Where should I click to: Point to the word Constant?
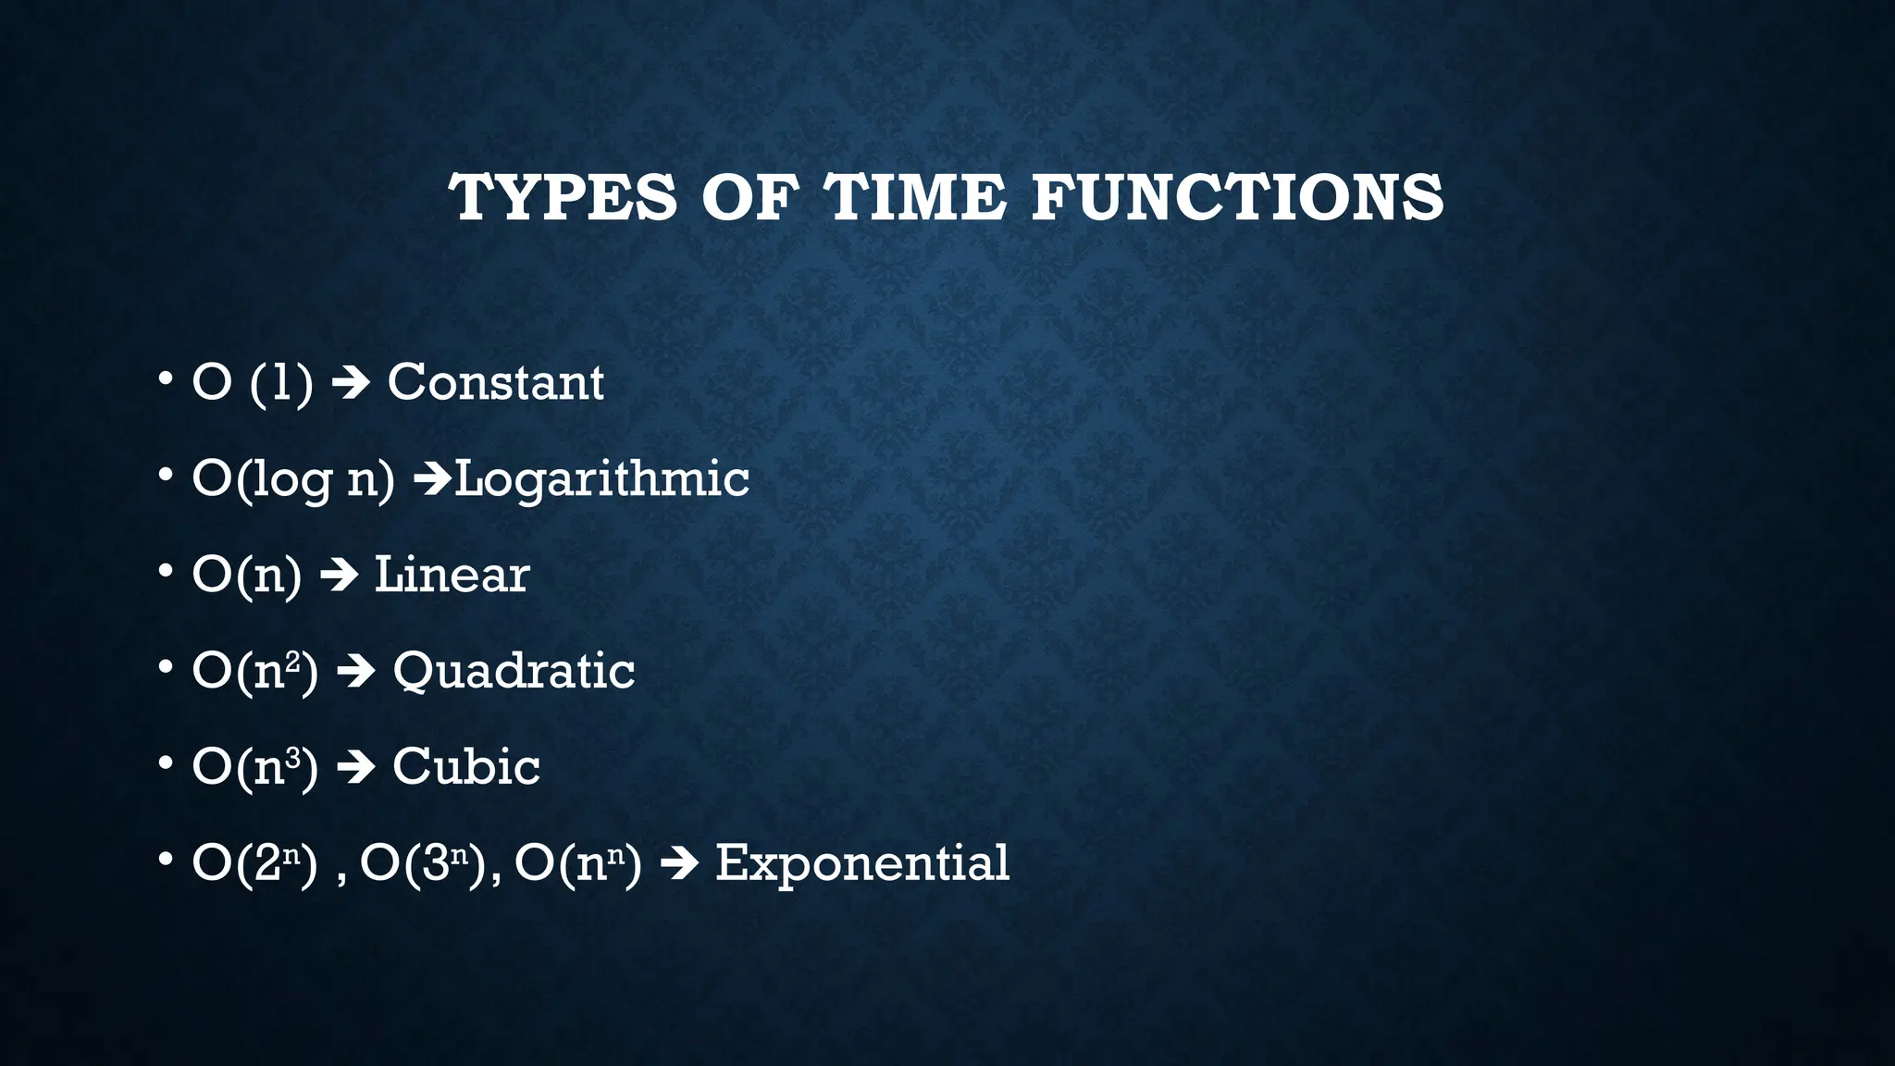point(495,382)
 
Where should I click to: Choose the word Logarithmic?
point(601,478)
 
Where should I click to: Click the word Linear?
point(452,575)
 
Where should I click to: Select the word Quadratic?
point(514,671)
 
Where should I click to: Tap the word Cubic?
point(465,767)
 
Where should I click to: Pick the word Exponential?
point(861,863)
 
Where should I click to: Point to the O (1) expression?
point(252,382)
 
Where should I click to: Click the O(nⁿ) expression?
point(577,863)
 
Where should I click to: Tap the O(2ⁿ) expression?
point(254,863)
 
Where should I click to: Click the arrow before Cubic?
point(355,768)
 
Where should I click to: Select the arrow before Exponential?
point(678,864)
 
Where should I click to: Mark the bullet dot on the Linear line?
point(166,571)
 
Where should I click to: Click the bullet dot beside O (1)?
point(166,378)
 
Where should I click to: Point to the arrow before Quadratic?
point(355,672)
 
